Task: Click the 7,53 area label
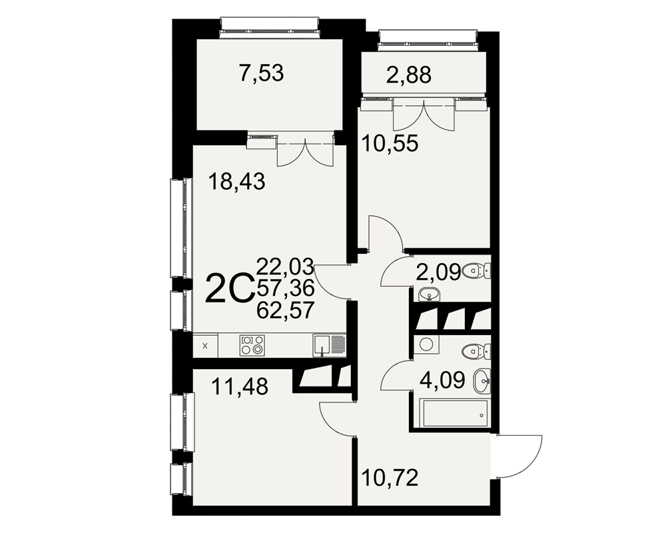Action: tap(261, 73)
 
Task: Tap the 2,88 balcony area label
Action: tap(409, 76)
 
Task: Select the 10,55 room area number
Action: tap(390, 143)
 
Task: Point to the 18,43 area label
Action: tap(236, 182)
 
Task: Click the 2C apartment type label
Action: tap(229, 289)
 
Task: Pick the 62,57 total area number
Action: tap(286, 310)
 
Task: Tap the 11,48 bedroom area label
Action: tap(240, 387)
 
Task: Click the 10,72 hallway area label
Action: tap(390, 478)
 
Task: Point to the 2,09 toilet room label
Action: tap(438, 272)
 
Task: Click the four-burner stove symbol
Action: tap(252, 346)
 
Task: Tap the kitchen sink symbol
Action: tap(330, 346)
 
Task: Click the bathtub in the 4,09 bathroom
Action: tap(454, 412)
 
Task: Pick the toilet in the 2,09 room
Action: tap(476, 270)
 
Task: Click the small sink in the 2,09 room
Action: tap(429, 294)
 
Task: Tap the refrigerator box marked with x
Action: tap(206, 346)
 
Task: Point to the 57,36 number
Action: tap(286, 288)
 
